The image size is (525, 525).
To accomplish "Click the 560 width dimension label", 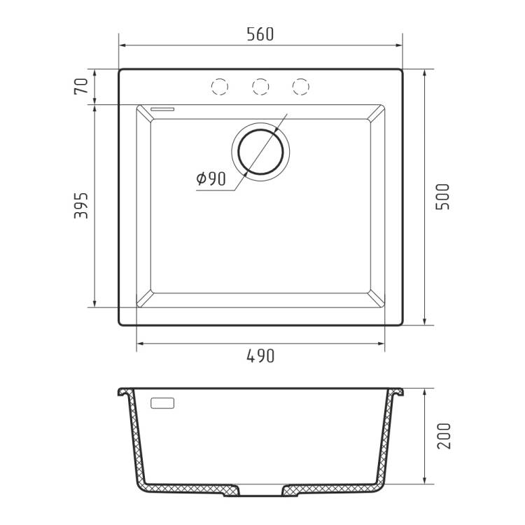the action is [260, 34].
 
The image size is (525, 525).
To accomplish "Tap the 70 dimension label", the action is [81, 86].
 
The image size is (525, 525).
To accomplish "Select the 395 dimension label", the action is [81, 205].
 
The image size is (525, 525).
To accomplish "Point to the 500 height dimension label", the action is [443, 197].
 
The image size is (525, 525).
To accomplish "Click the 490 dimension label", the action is [260, 356].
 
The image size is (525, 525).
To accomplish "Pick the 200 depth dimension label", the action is [444, 435].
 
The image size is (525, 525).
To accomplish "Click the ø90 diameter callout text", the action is [211, 178].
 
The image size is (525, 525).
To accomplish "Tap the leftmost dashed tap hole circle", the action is [220, 87].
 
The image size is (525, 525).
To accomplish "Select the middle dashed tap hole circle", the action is [260, 87].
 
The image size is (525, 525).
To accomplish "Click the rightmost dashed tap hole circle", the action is [301, 87].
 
